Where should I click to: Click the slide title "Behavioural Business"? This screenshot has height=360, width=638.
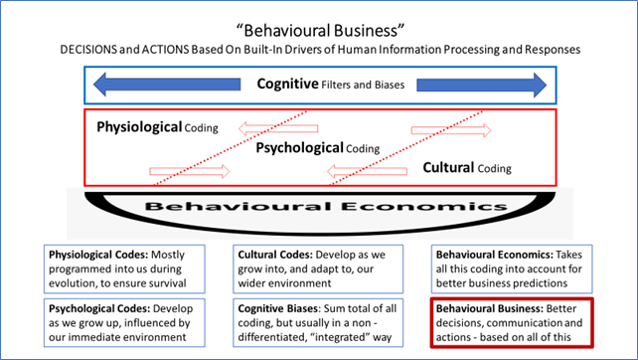point(319,29)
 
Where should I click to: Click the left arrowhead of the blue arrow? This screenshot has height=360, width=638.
point(108,84)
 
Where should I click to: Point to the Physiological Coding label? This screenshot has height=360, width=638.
point(156,127)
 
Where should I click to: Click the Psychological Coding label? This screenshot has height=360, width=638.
point(317,148)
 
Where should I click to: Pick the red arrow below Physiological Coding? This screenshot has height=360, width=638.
point(190,171)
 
